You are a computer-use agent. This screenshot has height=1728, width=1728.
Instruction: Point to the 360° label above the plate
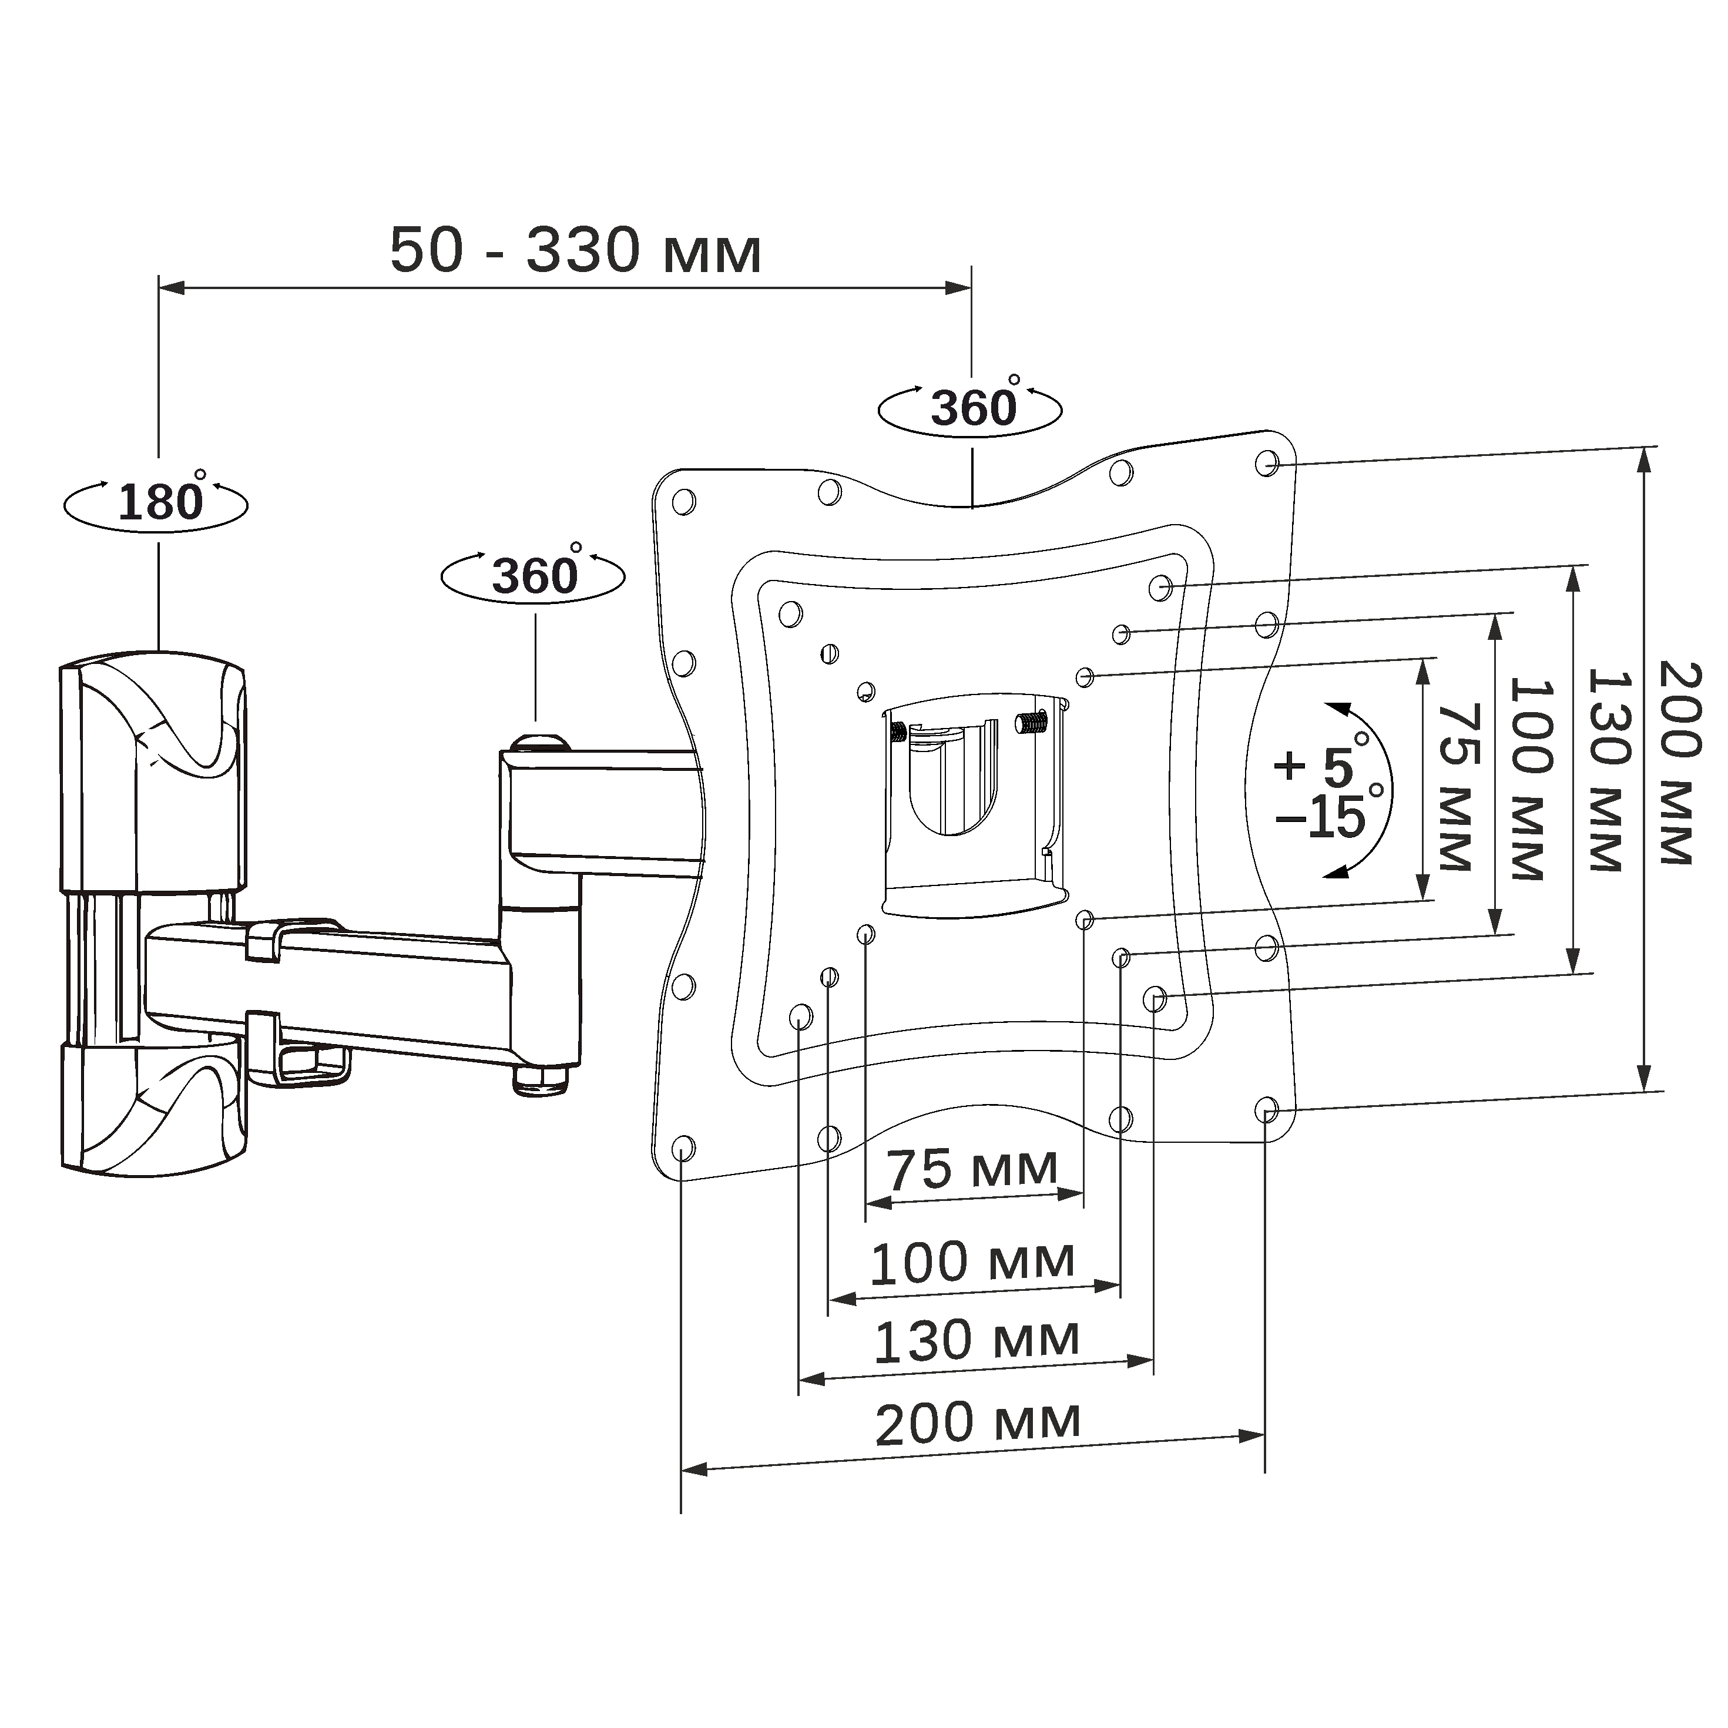click(x=974, y=407)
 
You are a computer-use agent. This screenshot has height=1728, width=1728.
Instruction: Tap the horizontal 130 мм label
click(x=976, y=1340)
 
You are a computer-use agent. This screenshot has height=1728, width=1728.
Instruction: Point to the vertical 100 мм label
click(x=1531, y=778)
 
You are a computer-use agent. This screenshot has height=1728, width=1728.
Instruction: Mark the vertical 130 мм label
click(x=1607, y=769)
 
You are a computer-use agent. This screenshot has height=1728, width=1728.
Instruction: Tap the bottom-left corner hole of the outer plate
click(x=682, y=1147)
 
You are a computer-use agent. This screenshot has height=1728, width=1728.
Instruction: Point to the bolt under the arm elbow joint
click(x=540, y=1079)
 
